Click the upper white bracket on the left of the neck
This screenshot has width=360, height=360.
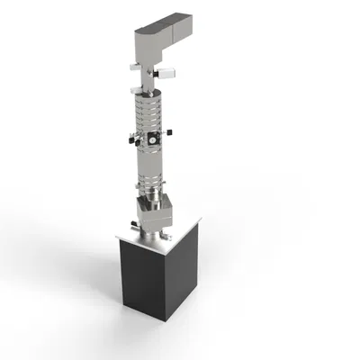136,67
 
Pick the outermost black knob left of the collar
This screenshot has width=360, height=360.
130,139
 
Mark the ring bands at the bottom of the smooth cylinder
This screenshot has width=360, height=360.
154,190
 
